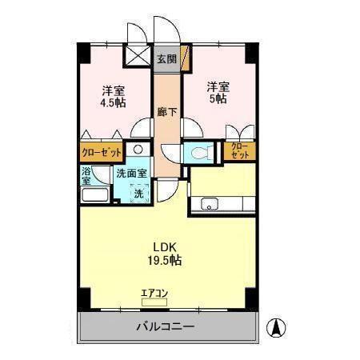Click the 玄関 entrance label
(x=166, y=59)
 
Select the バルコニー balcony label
(x=165, y=326)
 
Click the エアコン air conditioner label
(x=154, y=292)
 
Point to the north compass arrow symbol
(x=276, y=326)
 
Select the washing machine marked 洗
(x=138, y=193)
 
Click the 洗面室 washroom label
(x=131, y=174)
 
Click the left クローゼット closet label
(x=102, y=150)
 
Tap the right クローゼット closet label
(x=238, y=150)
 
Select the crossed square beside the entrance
(x=137, y=58)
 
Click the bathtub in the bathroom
(x=95, y=197)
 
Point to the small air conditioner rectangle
(x=154, y=302)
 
